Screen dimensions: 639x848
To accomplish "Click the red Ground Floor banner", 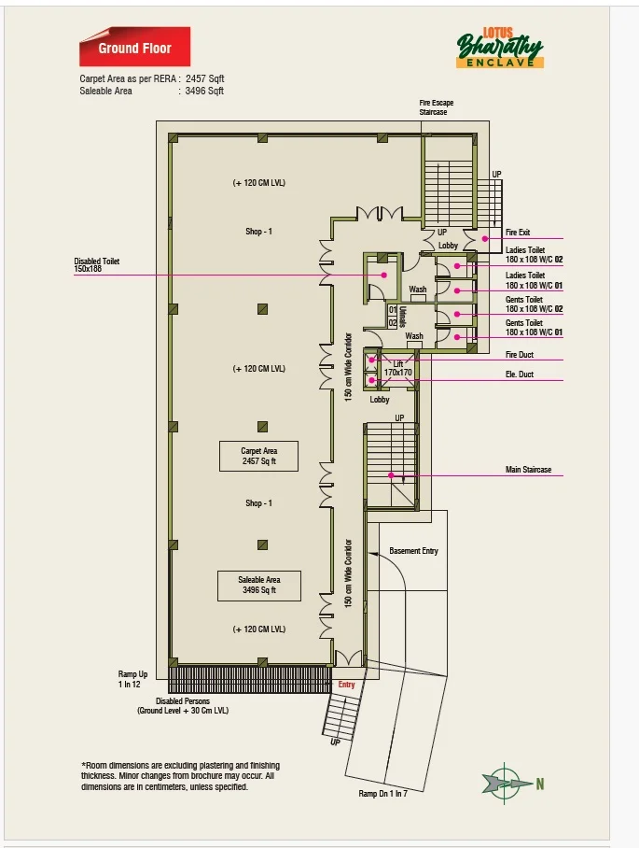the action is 134,47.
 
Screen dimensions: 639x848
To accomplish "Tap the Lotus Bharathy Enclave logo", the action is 500,48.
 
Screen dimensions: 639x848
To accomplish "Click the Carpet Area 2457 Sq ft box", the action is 258,456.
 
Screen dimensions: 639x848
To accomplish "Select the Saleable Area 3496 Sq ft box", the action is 259,586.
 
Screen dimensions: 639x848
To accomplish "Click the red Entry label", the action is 347,685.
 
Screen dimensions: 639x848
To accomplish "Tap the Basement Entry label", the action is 414,551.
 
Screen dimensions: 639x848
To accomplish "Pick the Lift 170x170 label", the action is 398,368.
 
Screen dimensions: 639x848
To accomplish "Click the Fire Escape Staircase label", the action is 437,107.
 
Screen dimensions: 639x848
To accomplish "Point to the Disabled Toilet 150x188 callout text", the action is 97,264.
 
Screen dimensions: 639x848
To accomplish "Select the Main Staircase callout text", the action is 528,470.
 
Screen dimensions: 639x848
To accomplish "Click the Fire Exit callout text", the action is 518,233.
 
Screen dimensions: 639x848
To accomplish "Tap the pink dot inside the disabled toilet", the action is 384,276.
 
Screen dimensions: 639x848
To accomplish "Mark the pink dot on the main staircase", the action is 391,475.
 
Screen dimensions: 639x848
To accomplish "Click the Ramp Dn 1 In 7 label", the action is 383,794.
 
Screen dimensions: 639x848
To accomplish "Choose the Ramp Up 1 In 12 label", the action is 132,679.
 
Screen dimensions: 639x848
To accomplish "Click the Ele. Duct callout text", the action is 519,374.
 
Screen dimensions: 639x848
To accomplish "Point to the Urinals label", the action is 402,317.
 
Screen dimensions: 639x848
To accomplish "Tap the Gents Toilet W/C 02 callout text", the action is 535,304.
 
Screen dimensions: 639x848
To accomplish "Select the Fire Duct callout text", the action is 519,355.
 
